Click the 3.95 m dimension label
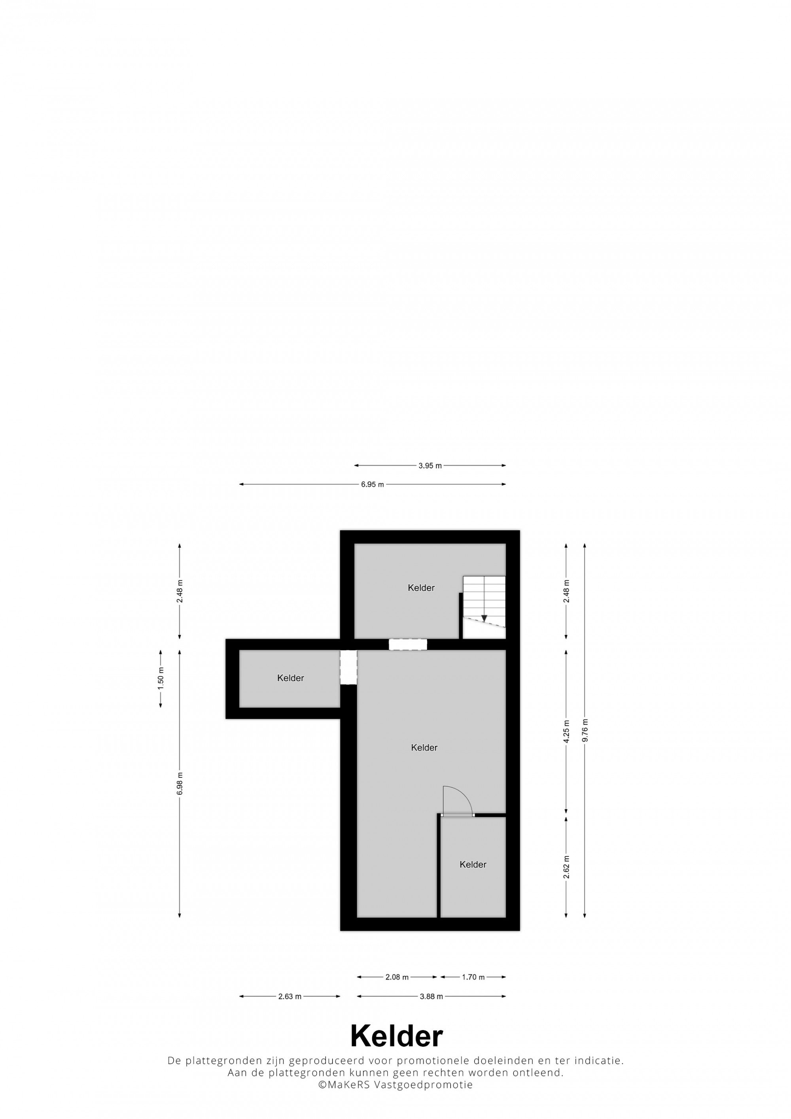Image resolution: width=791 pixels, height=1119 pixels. pos(430,465)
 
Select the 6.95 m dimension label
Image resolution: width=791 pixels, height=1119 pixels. pos(372,484)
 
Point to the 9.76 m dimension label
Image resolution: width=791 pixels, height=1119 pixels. pos(585,731)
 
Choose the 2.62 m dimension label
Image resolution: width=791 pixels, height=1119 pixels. pos(566,868)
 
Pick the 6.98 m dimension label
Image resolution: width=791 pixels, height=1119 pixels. pos(180,783)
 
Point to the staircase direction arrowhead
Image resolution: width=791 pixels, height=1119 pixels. pos(484,618)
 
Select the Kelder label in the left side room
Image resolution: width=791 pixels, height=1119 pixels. pos(290,678)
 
